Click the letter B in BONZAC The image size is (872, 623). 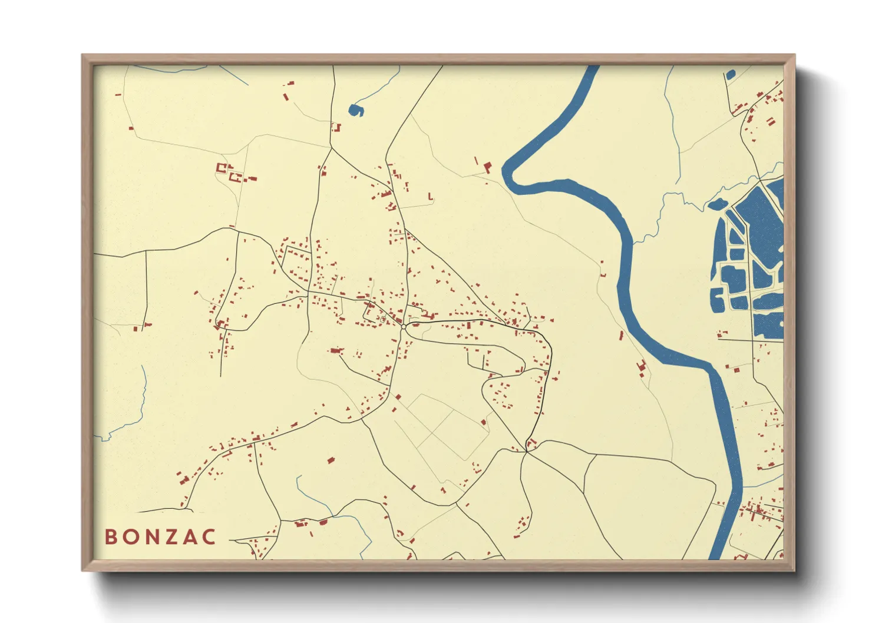[x=110, y=537]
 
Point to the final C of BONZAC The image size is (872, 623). [x=209, y=537]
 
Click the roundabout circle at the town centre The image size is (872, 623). [x=404, y=326]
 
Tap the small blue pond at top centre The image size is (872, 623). [x=355, y=110]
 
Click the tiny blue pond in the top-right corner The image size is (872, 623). [x=731, y=75]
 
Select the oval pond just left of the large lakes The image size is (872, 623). [x=717, y=204]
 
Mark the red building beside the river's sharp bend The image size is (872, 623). [x=487, y=167]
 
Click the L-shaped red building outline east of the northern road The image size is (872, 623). [x=431, y=197]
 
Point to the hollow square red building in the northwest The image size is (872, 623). [x=222, y=168]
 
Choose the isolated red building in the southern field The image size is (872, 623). [x=331, y=459]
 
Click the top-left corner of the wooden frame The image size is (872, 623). [x=83, y=56]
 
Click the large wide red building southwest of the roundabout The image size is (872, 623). [x=336, y=350]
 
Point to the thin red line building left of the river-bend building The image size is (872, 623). [x=476, y=160]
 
